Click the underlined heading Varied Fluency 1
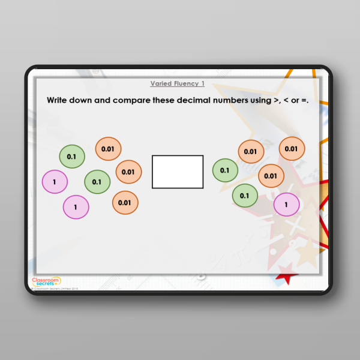pyautogui.click(x=177, y=84)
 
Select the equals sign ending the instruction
pyautogui.click(x=305, y=101)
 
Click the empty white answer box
pyautogui.click(x=178, y=172)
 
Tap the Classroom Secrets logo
pyautogui.click(x=46, y=281)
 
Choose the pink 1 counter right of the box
pyautogui.click(x=286, y=205)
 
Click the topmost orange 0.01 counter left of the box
pyautogui.click(x=108, y=149)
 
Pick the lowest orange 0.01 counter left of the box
pyautogui.click(x=125, y=203)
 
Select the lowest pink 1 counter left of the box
pyautogui.click(x=76, y=208)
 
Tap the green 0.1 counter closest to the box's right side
pyautogui.click(x=225, y=170)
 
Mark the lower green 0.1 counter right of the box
pyautogui.click(x=245, y=195)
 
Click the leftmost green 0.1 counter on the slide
pyautogui.click(x=72, y=157)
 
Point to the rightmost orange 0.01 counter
pyautogui.click(x=292, y=149)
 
